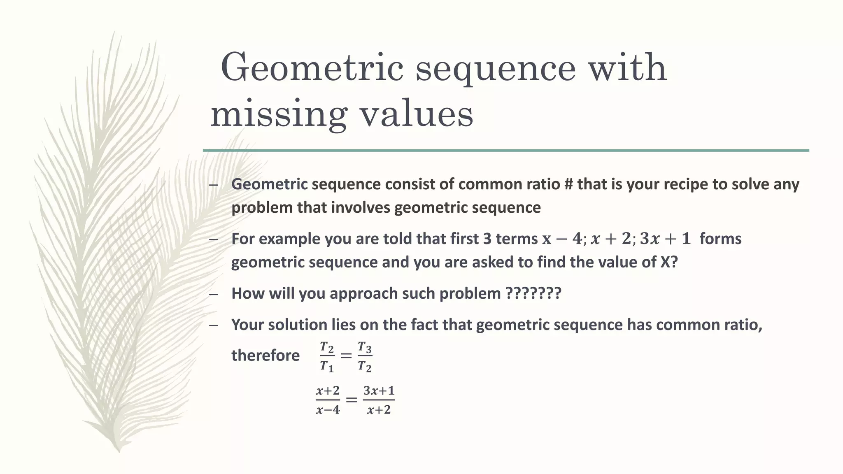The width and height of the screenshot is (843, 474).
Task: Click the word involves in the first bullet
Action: pos(360,207)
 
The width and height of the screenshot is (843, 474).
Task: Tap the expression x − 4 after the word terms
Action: pos(562,239)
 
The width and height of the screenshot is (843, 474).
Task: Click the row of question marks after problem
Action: pos(533,294)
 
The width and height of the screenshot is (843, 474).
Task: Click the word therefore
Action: pos(265,355)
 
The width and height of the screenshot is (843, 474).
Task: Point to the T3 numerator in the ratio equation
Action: pos(365,348)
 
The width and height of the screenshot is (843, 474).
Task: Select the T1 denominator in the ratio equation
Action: pos(327,366)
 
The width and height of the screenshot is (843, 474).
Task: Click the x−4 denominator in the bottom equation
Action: pos(328,410)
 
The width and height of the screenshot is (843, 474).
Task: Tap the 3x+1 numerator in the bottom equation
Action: pos(379,390)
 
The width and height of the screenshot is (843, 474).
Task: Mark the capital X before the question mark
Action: pos(666,262)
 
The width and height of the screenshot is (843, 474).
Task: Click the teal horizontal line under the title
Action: pos(506,151)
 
